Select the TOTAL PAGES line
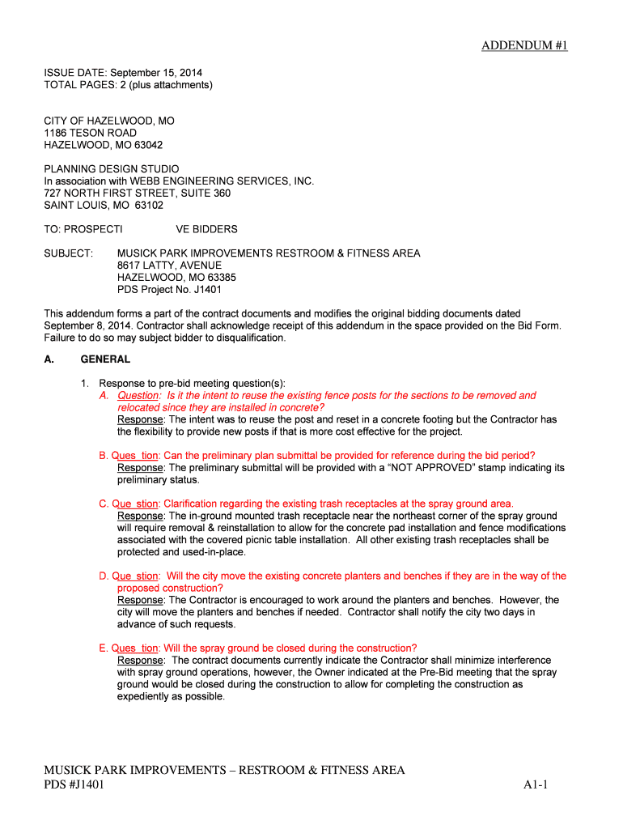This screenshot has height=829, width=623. (128, 84)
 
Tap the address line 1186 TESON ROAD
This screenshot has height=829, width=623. (90, 133)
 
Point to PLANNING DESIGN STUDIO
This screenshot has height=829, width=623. (112, 169)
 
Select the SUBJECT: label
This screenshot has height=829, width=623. (68, 253)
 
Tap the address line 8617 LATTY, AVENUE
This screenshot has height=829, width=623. (169, 266)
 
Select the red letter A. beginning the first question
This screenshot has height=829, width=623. (104, 396)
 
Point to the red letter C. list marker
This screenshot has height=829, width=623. (104, 504)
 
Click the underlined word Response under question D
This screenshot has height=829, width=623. (140, 600)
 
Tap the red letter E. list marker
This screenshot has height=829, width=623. (104, 648)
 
